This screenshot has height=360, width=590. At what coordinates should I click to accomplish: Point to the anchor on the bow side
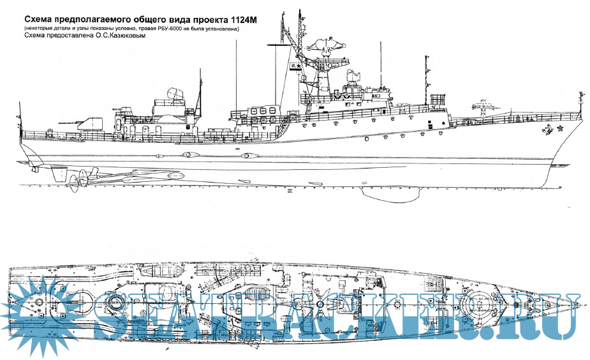click(x=547, y=132)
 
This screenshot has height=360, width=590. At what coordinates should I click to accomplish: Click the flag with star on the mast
click(x=295, y=67)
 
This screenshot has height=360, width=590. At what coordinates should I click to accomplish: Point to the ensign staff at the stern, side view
click(x=20, y=118)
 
